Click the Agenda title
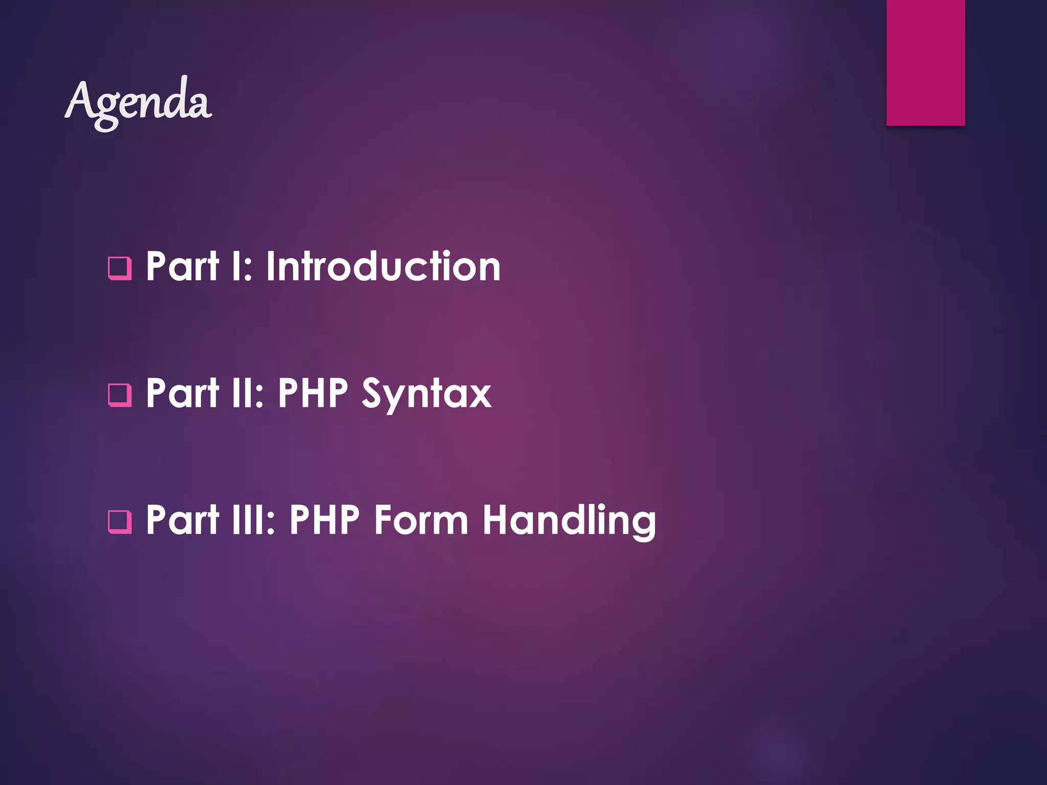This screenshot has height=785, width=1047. click(x=138, y=102)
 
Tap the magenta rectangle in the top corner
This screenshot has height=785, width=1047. click(x=925, y=62)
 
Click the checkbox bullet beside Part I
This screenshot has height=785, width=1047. click(x=120, y=268)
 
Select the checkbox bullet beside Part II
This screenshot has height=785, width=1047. click(x=120, y=395)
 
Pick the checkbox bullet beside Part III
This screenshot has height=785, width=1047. click(x=120, y=522)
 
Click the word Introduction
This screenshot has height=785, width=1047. click(x=383, y=266)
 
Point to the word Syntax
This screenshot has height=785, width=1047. click(x=426, y=394)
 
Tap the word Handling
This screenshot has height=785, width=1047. click(x=569, y=520)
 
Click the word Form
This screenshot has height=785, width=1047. click(x=421, y=520)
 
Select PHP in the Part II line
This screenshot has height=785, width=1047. click(x=313, y=393)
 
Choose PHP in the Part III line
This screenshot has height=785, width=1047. click(x=325, y=520)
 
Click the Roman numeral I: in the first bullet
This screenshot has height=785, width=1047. click(x=242, y=266)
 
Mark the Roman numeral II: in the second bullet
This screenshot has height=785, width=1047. click(x=247, y=393)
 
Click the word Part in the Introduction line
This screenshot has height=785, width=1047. click(x=183, y=266)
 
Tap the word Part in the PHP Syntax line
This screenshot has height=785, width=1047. click(x=183, y=393)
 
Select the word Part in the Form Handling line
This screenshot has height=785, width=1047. click(x=183, y=520)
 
